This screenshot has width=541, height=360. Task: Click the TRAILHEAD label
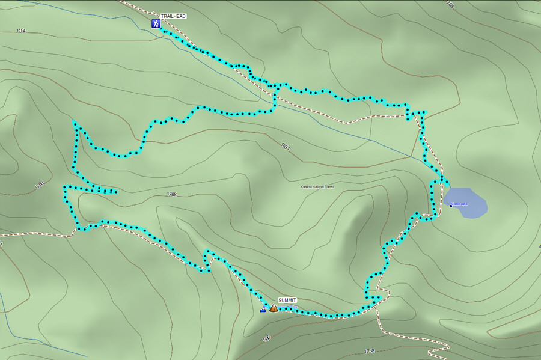[173, 16]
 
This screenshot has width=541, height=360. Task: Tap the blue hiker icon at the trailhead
[156, 24]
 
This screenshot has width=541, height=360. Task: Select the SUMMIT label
[287, 300]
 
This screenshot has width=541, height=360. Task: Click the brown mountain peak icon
[274, 308]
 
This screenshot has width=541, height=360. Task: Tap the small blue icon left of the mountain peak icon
[263, 310]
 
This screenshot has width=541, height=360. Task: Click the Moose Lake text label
[460, 204]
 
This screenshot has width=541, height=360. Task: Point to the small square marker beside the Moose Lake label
[451, 206]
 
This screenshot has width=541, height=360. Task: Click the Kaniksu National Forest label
[317, 187]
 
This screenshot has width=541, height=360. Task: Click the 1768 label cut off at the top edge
[449, 4]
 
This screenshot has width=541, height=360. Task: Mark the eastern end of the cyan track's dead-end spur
[115, 192]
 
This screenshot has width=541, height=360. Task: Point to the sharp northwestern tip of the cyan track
[75, 123]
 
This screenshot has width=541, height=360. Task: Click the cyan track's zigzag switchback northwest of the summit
[207, 260]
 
